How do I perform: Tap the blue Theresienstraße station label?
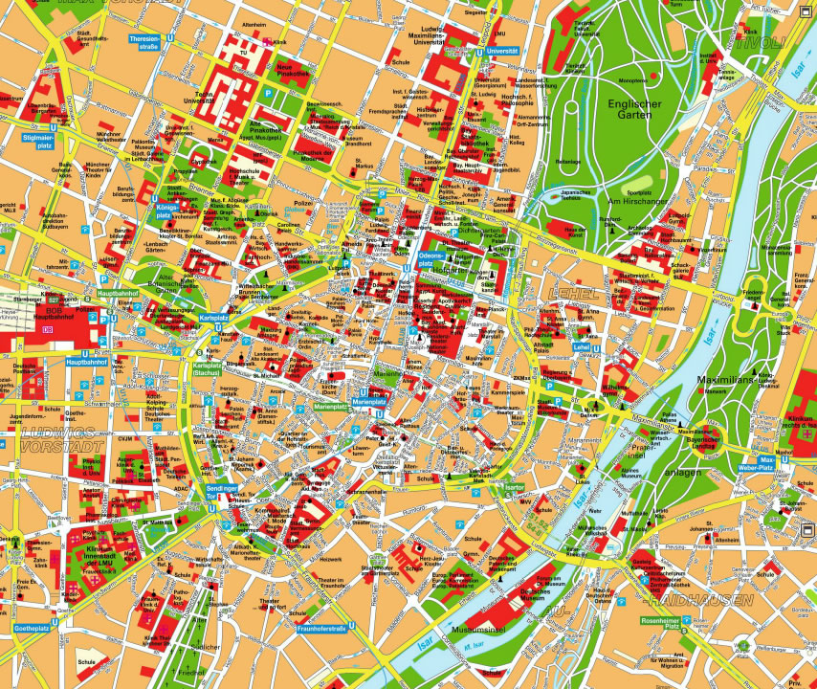click(x=144, y=42)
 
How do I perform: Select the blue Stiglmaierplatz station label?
click(x=37, y=138)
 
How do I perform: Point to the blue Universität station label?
click(x=501, y=50)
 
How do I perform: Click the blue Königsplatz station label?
click(x=166, y=211)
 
